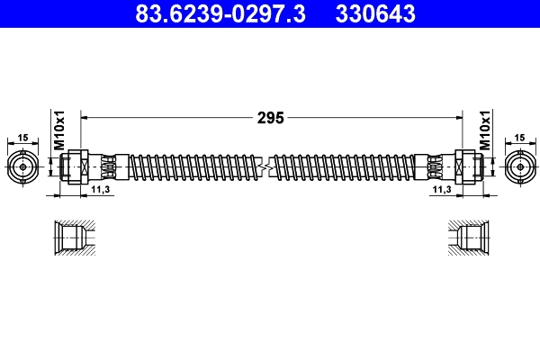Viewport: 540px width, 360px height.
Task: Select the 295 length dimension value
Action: (x=271, y=117)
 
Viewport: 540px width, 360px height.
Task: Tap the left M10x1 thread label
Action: (x=58, y=130)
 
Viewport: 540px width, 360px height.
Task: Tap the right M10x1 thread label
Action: (x=484, y=130)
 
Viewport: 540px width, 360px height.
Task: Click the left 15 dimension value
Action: (x=22, y=137)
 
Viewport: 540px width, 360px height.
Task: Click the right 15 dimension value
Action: (x=520, y=137)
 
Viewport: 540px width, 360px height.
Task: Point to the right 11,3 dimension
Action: (x=442, y=191)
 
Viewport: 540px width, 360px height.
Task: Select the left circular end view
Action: (x=22, y=166)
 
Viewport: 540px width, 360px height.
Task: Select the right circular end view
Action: (x=519, y=166)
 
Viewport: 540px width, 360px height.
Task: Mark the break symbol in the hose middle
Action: (x=265, y=166)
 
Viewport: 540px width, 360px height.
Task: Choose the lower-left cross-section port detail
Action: (x=69, y=239)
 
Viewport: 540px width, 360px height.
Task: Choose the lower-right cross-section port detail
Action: (x=470, y=239)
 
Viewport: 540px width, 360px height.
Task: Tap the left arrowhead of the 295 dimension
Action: (x=85, y=117)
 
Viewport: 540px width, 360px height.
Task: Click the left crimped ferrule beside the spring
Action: (x=108, y=166)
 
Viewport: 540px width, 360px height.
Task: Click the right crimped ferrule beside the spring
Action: (x=434, y=166)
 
